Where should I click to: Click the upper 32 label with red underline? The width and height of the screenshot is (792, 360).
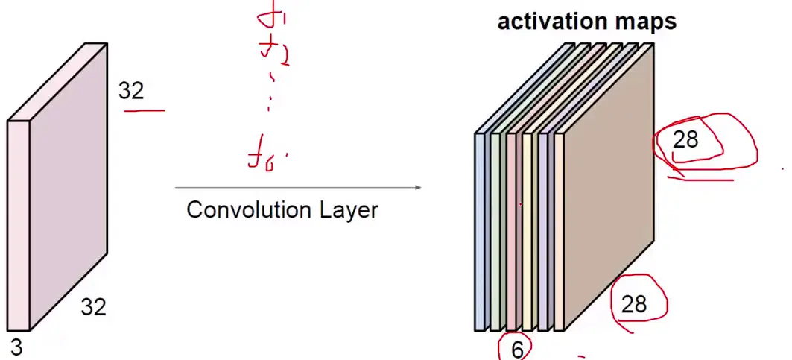click(x=131, y=91)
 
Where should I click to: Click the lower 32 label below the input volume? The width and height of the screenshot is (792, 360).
click(x=94, y=306)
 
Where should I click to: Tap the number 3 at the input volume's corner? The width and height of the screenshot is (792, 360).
click(x=16, y=347)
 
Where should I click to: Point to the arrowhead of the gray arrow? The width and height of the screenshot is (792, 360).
click(x=418, y=187)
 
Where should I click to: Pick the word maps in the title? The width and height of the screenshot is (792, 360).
click(x=644, y=22)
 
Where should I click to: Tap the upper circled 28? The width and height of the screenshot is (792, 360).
click(x=685, y=139)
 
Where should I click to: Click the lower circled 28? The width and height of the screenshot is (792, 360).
click(x=634, y=303)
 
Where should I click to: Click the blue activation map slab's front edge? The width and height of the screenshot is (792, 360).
click(x=481, y=231)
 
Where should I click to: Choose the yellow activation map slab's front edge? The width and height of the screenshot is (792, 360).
click(x=528, y=231)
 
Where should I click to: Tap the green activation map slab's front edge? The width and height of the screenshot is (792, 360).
click(x=495, y=231)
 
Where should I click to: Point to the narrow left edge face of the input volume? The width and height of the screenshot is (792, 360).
click(x=19, y=224)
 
